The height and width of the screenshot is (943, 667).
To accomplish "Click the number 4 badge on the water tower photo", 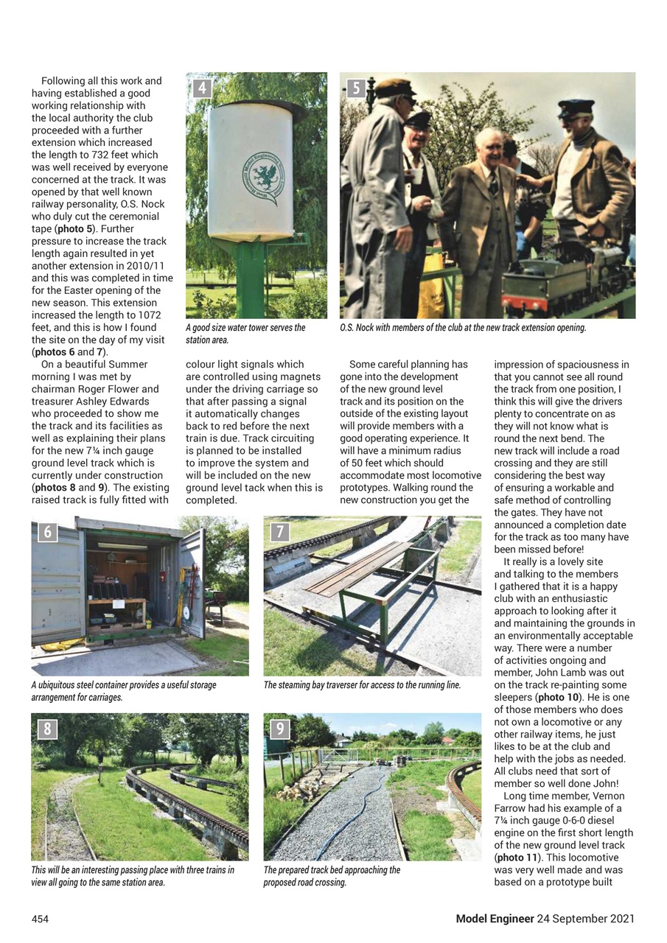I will tap(201, 88).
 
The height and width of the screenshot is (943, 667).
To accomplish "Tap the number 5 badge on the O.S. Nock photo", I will tap(356, 88).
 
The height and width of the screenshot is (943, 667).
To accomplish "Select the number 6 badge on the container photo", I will tap(47, 532).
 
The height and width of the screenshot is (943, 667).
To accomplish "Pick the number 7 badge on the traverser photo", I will tap(280, 532).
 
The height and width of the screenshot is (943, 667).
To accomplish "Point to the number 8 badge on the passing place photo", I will tap(47, 729).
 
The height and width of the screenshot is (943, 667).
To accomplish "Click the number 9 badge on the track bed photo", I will tap(280, 729).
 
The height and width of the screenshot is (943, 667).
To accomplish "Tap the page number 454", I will tap(41, 919).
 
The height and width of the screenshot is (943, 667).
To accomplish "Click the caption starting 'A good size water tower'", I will tap(245, 334).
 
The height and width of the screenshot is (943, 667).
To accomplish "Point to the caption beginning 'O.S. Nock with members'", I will tap(463, 328).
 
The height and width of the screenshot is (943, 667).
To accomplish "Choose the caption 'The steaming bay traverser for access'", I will tap(362, 685).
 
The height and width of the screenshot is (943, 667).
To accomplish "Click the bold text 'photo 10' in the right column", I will tap(558, 697).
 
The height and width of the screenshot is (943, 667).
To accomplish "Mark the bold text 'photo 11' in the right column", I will tap(518, 858).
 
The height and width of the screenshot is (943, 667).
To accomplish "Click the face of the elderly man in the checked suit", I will tap(488, 147).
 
